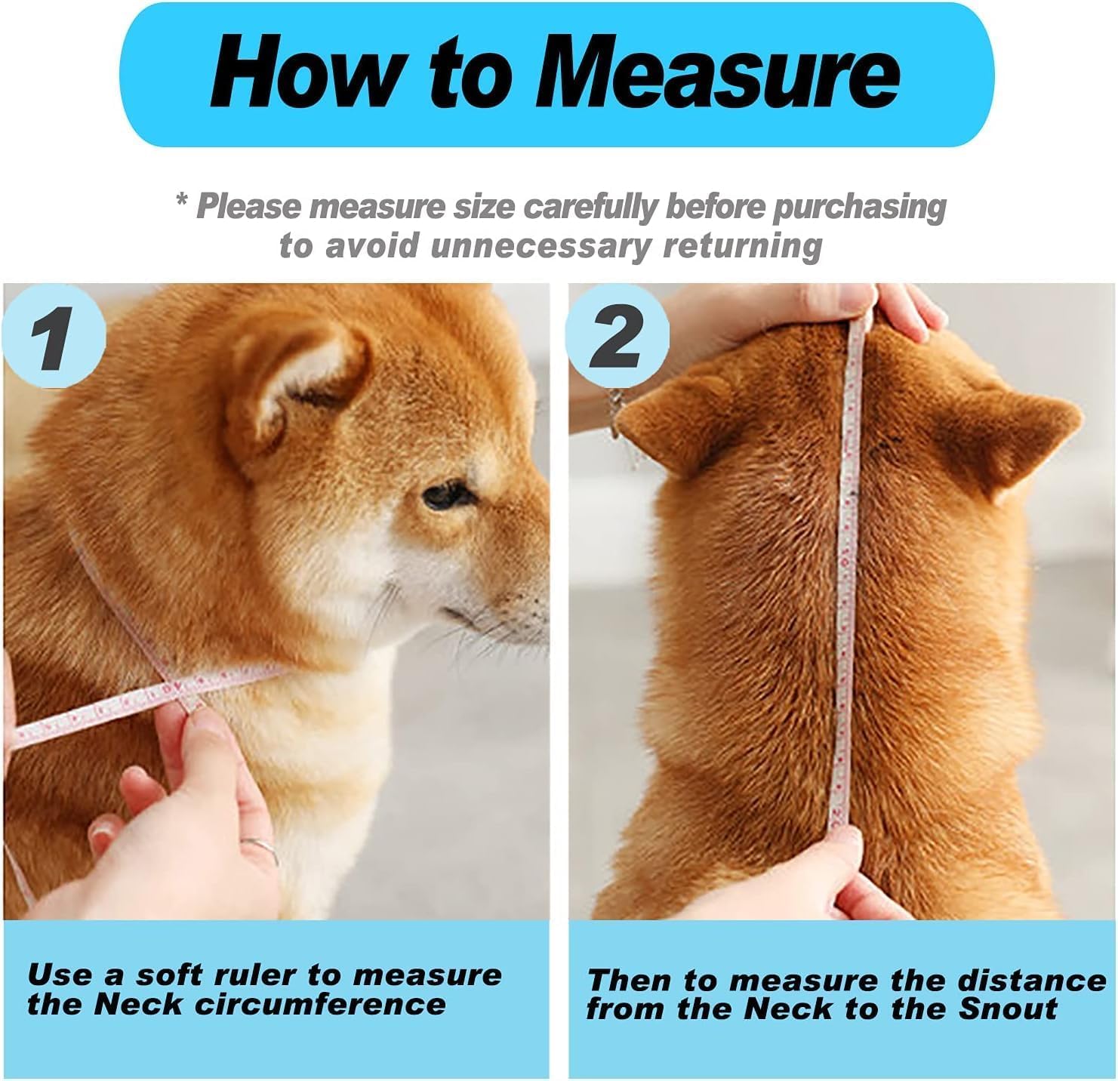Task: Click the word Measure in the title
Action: (717, 73)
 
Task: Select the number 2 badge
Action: (617, 337)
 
